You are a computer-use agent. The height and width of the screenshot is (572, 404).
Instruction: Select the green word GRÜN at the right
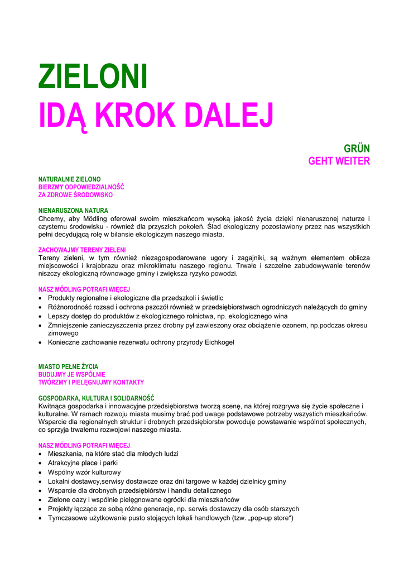point(357,149)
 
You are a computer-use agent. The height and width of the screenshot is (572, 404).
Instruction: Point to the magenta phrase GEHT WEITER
point(339,161)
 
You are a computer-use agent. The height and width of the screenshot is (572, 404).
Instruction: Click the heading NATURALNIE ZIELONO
point(69,179)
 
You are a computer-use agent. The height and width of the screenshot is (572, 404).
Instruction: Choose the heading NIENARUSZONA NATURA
point(73,211)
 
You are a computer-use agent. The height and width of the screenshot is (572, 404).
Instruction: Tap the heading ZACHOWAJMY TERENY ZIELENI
point(82,250)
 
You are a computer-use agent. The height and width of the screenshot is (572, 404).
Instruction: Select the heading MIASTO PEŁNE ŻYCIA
point(68,366)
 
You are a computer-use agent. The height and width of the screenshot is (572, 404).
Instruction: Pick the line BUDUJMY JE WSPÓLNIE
point(71,374)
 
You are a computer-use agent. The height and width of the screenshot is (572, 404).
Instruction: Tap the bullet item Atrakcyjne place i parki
point(83,463)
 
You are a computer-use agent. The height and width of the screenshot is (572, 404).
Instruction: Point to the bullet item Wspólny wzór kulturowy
point(84,472)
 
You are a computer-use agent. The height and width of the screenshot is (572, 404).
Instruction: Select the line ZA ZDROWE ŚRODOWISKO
point(75,195)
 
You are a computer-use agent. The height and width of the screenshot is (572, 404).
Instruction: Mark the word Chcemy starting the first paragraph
point(52,218)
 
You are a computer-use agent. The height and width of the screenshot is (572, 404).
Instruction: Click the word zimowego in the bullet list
point(63,333)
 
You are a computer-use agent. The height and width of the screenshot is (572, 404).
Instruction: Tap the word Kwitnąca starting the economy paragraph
point(54,406)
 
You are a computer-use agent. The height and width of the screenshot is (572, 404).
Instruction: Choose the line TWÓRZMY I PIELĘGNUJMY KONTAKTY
point(91,382)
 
